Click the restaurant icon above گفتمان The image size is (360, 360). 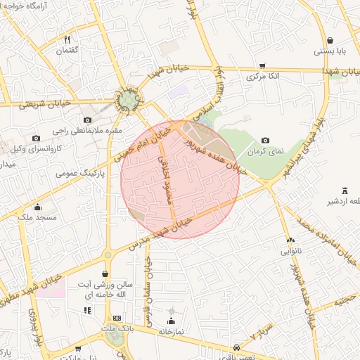(67, 39)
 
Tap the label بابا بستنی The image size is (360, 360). (329, 51)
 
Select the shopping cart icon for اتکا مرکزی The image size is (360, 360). (262, 65)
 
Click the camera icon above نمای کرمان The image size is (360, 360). (265, 141)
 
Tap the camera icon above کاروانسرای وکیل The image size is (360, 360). (37, 138)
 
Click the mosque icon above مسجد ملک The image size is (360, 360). (37, 207)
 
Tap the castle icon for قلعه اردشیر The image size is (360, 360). (345, 191)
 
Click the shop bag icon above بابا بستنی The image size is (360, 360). (330, 39)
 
